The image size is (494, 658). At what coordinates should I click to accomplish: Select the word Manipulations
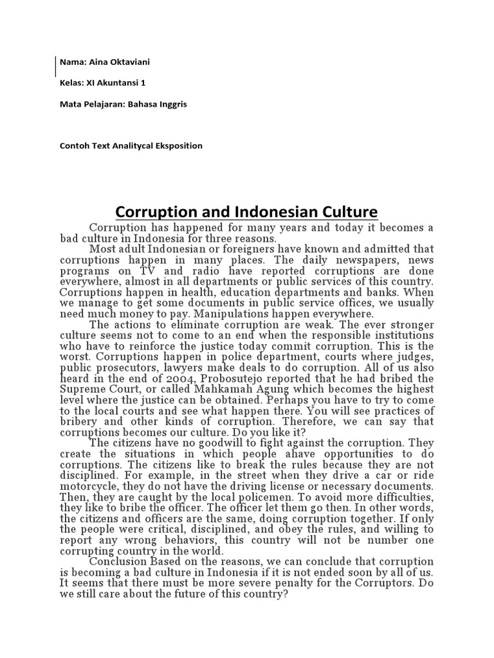coord(248,313)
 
